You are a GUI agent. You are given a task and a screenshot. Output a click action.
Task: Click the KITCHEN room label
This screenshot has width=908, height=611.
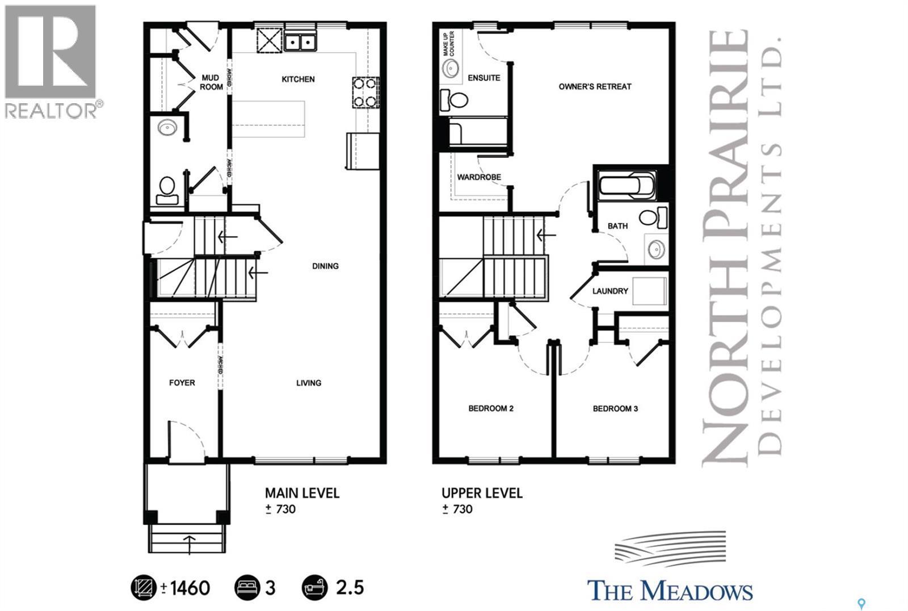point(298,79)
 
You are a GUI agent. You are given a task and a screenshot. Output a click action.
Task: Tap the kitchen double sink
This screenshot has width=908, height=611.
point(301,42)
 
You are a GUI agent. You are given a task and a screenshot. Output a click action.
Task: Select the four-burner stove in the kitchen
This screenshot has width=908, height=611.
point(365,92)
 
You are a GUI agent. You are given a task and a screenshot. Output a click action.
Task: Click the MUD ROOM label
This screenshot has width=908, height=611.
point(211,82)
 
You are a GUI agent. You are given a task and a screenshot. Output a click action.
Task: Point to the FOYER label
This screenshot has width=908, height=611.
point(182,383)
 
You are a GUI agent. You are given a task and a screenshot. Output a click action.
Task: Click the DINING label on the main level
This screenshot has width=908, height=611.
point(325,266)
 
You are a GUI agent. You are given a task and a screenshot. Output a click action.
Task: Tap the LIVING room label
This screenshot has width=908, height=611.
point(309,383)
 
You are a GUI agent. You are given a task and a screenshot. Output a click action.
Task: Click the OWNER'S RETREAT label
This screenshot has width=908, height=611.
point(595,87)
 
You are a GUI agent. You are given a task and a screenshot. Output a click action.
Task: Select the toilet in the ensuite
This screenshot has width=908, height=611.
point(454,100)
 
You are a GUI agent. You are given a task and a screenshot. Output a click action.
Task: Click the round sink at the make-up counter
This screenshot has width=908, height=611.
point(451,69)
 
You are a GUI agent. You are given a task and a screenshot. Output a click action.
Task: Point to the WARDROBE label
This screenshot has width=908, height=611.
point(479,177)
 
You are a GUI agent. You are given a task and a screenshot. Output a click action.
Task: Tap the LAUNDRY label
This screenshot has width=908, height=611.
point(610,291)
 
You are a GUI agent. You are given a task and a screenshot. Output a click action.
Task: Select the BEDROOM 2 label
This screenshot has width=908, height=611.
point(491,408)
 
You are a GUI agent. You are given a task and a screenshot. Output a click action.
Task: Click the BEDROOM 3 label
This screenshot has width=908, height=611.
point(615,408)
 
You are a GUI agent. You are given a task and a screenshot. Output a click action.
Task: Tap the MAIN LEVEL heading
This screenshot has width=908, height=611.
point(302,493)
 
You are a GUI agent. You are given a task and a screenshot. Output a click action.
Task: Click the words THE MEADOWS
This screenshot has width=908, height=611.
point(670,591)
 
